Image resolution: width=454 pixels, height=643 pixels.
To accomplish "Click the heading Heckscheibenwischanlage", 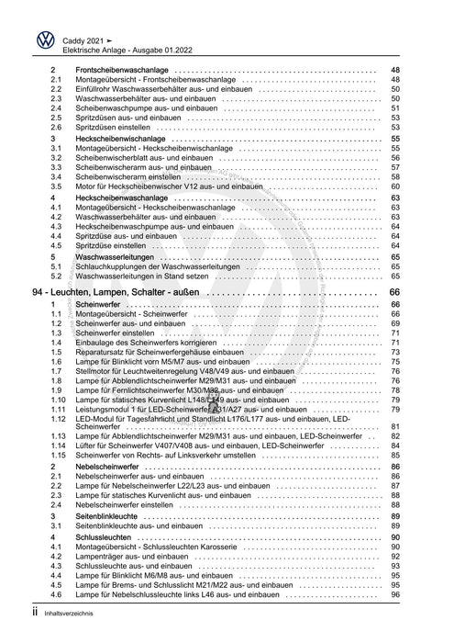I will pos(125,138).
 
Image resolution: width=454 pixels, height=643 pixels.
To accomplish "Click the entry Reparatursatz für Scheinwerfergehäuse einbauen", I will pos(171,352).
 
